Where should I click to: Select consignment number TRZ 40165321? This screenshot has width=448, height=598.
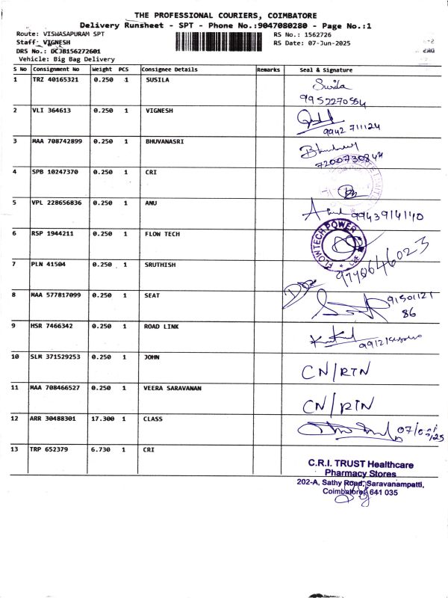55,78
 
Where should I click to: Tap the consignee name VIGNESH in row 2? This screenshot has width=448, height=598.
158,110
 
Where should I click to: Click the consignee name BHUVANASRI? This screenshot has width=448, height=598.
164,141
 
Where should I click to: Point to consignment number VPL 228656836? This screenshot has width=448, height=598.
57,203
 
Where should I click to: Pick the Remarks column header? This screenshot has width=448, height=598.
268,70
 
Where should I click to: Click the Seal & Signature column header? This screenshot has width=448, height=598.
326,70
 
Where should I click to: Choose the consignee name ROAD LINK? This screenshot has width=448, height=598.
162,326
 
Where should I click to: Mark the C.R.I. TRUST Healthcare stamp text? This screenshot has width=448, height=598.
361,465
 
